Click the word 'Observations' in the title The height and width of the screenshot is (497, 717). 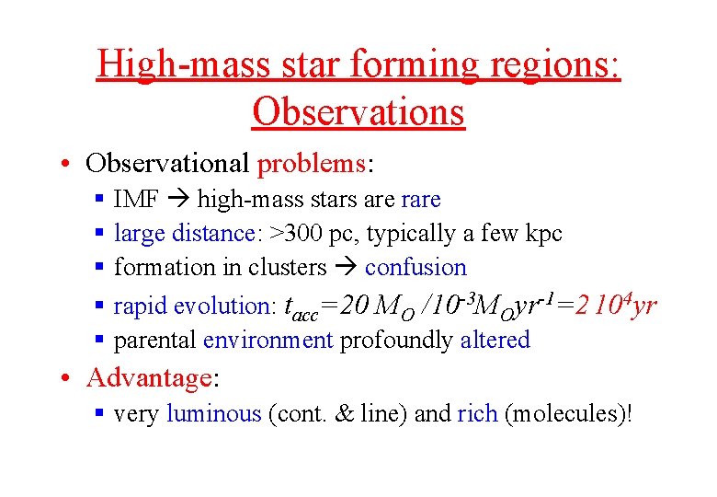pos(358,112)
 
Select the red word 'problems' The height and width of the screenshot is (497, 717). pos(312,164)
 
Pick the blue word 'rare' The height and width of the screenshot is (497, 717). pos(421,200)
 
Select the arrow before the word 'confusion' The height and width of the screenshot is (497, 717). pos(345,268)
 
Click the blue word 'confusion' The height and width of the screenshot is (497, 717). pos(415,268)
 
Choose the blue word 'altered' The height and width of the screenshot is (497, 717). pos(495,341)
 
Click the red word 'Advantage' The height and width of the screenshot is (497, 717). pos(149,378)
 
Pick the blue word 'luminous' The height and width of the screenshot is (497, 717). pos(214,414)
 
